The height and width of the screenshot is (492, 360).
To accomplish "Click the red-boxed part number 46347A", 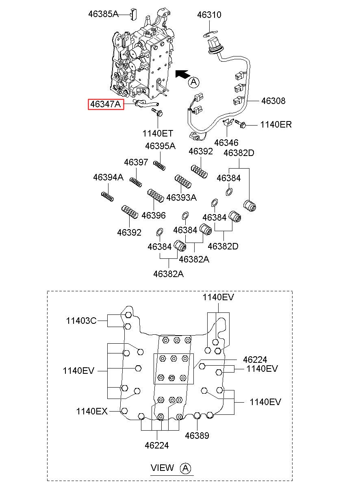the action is coord(106,104).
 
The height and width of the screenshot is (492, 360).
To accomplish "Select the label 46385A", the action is coord(103,14).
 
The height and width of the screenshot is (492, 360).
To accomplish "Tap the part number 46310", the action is coord(209,15).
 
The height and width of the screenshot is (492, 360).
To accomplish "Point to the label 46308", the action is coord(273,101).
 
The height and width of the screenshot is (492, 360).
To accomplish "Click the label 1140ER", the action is coord(276,125).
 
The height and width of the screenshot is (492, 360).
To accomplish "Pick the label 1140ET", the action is coord(158,133).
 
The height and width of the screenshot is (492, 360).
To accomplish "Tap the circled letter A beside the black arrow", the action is coord(194,82).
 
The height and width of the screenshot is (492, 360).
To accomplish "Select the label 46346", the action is coord(226,143).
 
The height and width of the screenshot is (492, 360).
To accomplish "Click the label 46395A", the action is coord(160,146).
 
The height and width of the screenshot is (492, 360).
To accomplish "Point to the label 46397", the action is coord(136,163).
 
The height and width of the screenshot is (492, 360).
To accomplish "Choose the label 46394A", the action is coord(108,177).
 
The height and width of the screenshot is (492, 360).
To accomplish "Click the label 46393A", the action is coord(182,197).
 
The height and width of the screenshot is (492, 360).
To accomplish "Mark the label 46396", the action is coord(154,215).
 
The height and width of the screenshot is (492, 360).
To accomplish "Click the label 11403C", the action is coord(81,321).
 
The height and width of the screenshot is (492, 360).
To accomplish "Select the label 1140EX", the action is coord(92,411).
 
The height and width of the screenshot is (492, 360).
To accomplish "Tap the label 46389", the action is coord(197,436).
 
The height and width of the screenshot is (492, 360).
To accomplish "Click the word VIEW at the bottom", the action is coord(162,468).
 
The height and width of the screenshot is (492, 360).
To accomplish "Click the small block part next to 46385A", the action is coord(134,14).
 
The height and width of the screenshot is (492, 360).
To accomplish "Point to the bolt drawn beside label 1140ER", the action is coord(240,124).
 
